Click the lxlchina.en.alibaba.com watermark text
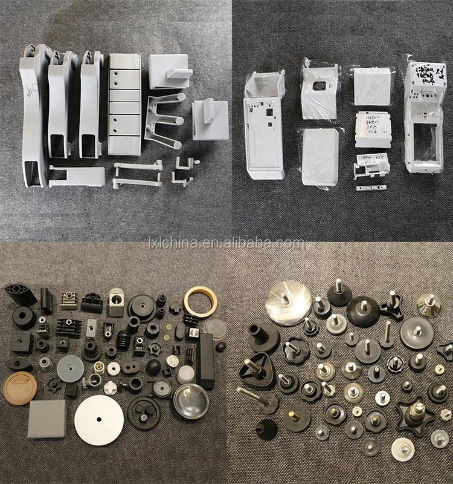click(226, 243)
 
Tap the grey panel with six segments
click(124, 103)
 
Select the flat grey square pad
click(47, 418)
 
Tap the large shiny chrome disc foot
click(287, 299)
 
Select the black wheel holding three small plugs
click(143, 414)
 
